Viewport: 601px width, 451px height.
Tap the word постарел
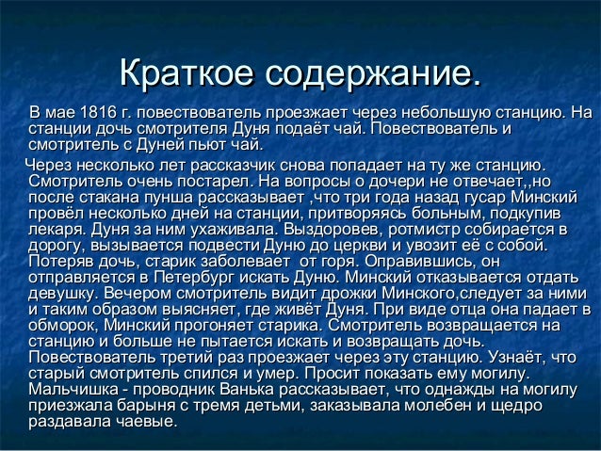(x=200, y=182)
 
